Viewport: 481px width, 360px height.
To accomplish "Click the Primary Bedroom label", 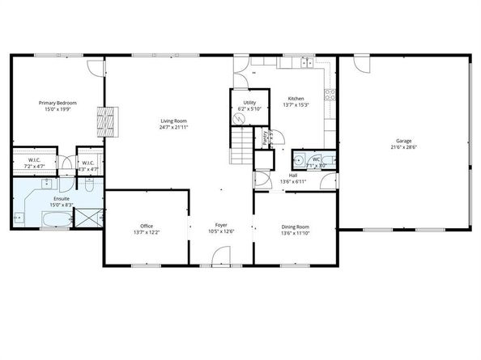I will (59, 104).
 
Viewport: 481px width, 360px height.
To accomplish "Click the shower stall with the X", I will (92, 217).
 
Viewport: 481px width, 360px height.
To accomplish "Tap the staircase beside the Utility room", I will (241, 147).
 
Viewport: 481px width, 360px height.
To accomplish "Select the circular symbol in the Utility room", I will (239, 118).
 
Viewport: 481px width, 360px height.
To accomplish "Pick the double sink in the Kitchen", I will (306, 62).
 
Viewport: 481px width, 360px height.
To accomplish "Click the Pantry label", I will (266, 138).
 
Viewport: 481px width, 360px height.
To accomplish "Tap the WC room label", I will (317, 159).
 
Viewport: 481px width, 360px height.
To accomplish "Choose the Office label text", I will (147, 226).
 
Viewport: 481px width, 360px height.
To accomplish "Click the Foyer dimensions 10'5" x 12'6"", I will (221, 232).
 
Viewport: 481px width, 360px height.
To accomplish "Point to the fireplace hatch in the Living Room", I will (108, 122).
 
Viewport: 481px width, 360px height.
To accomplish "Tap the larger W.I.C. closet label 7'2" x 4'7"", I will (34, 164).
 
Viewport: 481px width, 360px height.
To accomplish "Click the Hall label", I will (292, 176).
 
